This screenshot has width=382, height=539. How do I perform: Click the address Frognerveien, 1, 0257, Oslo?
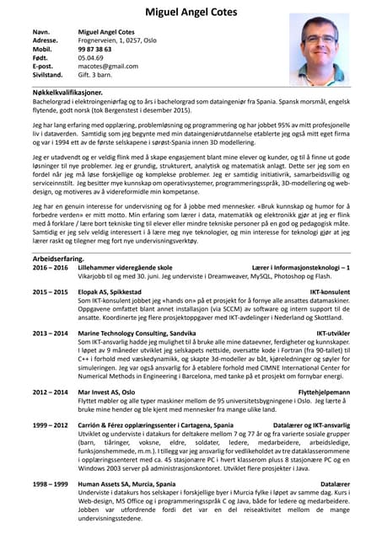(116, 40)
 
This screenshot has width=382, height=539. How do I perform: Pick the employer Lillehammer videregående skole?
(125, 268)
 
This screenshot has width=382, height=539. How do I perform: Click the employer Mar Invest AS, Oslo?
(105, 392)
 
